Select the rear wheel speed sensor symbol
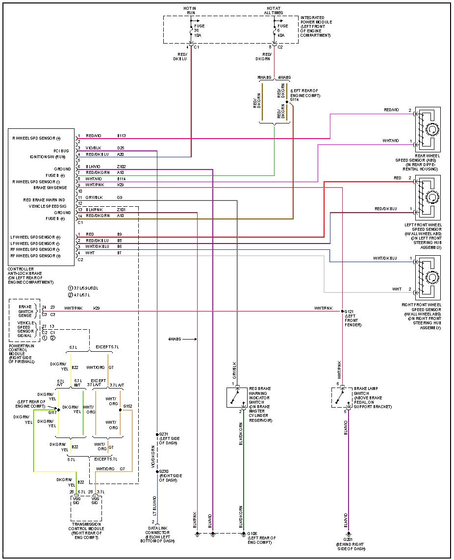pos(428,129)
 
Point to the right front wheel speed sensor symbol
pos(428,277)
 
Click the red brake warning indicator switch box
pos(237,397)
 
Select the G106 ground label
pos(252,533)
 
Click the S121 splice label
pos(349,312)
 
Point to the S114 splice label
pos(294,99)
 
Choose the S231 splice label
pos(163,434)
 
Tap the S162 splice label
pos(127,406)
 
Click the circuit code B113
pos(122,136)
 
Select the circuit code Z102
pos(122,167)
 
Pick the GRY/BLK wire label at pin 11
pos(94,197)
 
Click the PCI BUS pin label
pos(61,150)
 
